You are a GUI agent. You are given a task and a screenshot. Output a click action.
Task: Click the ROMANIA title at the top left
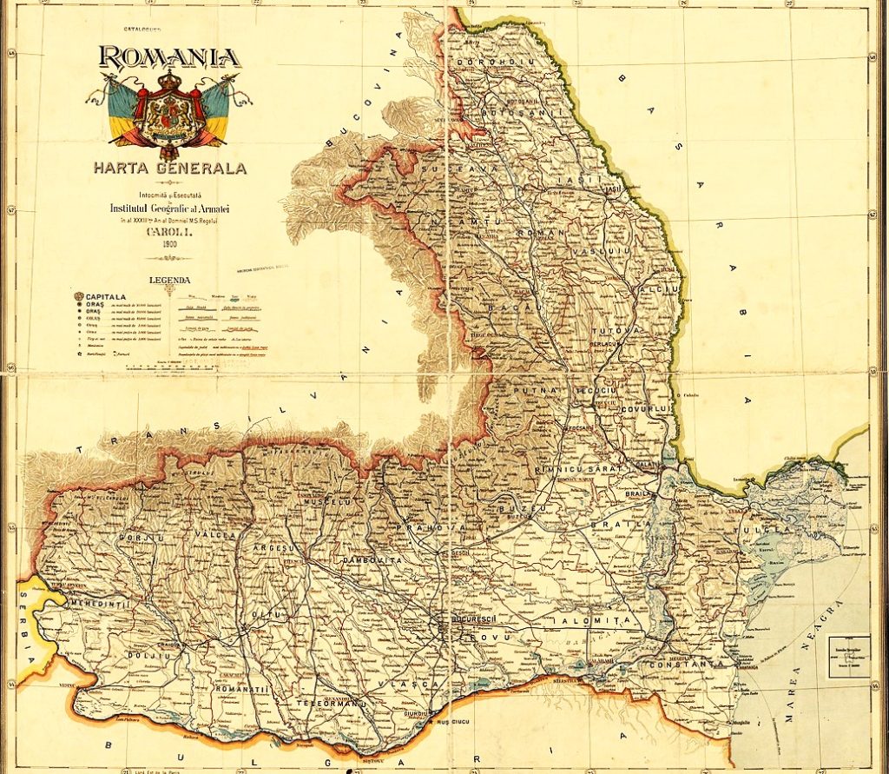pyautogui.click(x=169, y=57)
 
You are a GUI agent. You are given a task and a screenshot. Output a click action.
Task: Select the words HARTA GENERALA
pyautogui.click(x=170, y=168)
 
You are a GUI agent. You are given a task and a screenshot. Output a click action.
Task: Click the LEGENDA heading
pyautogui.click(x=169, y=280)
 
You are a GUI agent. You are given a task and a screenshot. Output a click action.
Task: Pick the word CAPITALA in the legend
pyautogui.click(x=108, y=295)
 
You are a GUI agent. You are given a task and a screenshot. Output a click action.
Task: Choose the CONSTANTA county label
pyautogui.click(x=694, y=664)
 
